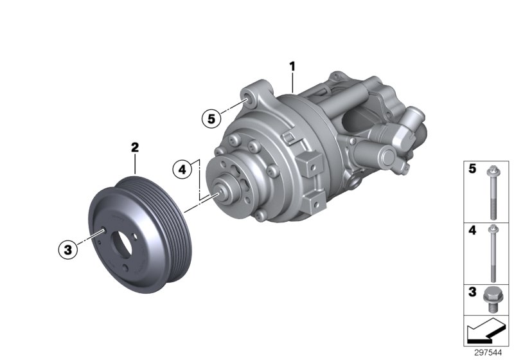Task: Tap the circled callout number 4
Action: pyautogui.click(x=182, y=170)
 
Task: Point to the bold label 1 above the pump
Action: pyautogui.click(x=292, y=66)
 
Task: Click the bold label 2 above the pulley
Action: pyautogui.click(x=135, y=147)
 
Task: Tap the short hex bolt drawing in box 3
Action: pyautogui.click(x=493, y=299)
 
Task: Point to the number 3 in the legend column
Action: pyautogui.click(x=472, y=292)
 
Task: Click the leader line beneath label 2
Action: pyautogui.click(x=135, y=163)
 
